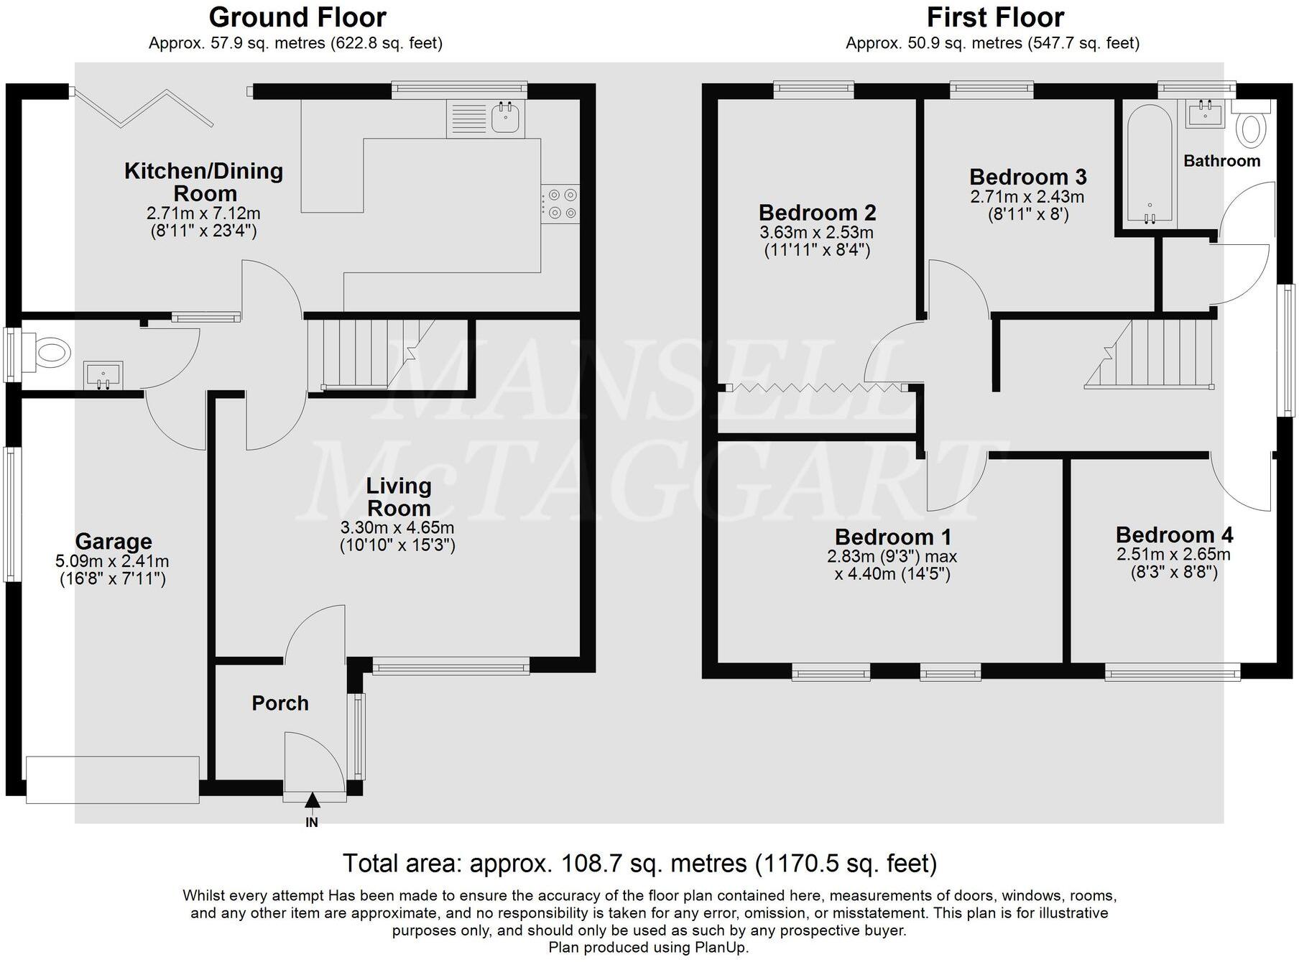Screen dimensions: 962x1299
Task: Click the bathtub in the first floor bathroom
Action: pyautogui.click(x=1150, y=165)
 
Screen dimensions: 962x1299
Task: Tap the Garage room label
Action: pyautogui.click(x=114, y=541)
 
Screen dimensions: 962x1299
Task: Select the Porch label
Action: pyautogui.click(x=280, y=703)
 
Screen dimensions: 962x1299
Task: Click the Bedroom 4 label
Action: pyautogui.click(x=1173, y=535)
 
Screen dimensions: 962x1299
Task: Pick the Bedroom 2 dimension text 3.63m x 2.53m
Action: pyautogui.click(x=816, y=233)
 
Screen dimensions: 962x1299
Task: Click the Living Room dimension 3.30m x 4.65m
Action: pyautogui.click(x=397, y=527)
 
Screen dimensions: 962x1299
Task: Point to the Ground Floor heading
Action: pyautogui.click(x=297, y=17)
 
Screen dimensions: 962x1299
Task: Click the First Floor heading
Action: pyautogui.click(x=994, y=17)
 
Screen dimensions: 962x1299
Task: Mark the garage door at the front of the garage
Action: pyautogui.click(x=112, y=780)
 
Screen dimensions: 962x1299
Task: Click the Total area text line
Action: pyautogui.click(x=639, y=863)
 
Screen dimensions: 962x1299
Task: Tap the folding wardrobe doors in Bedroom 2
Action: pyautogui.click(x=816, y=388)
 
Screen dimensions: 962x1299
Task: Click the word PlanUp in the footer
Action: pyautogui.click(x=721, y=948)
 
